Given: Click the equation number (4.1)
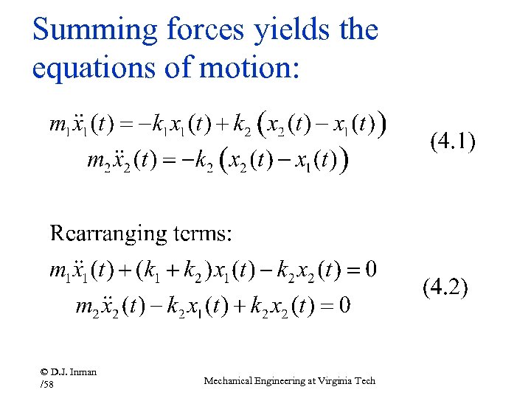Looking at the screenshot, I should point(453,142).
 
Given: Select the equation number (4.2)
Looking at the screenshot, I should point(445,286).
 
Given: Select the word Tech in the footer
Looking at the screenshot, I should point(365,381).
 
